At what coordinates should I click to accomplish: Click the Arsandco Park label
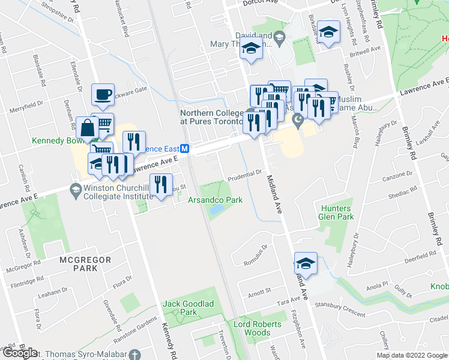click(x=215, y=200)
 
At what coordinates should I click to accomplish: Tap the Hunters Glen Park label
click(x=336, y=213)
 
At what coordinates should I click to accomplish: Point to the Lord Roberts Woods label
click(x=252, y=328)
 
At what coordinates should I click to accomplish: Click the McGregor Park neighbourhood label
click(x=78, y=264)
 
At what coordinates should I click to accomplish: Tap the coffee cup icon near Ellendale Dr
click(x=102, y=94)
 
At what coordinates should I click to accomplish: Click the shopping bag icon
click(x=88, y=127)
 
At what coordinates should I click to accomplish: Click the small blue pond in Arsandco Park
click(x=215, y=210)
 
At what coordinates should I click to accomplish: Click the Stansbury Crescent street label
click(x=339, y=309)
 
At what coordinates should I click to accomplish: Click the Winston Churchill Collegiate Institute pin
click(x=75, y=191)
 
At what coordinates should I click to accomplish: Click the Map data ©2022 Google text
click(x=412, y=355)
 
